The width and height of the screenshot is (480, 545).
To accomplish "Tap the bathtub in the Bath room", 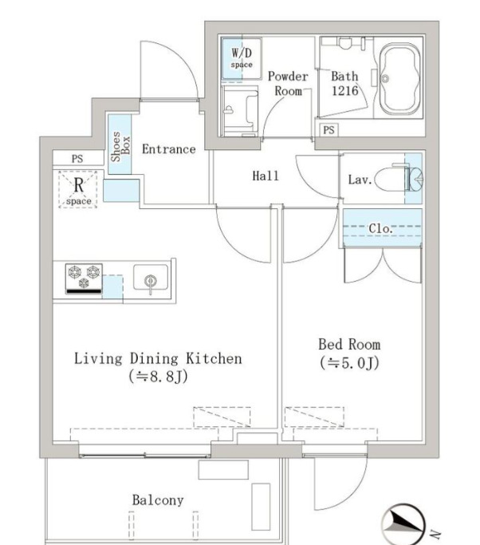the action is click(x=399, y=79).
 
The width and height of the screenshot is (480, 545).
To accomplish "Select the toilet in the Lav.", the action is click(x=399, y=179).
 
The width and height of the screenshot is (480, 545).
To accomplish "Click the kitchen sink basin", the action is click(x=151, y=278).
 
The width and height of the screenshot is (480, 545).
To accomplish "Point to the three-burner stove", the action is click(x=84, y=278).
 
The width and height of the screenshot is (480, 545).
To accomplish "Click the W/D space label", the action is click(x=242, y=58).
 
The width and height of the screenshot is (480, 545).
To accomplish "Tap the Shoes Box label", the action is click(x=120, y=146).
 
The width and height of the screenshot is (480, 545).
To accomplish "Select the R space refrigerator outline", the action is click(x=78, y=189).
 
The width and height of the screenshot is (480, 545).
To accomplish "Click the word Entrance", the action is click(x=169, y=149).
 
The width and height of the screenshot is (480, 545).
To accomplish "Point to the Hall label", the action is click(x=266, y=176).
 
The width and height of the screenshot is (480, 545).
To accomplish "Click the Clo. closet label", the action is click(x=380, y=229).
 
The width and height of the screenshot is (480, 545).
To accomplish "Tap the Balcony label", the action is click(x=158, y=500).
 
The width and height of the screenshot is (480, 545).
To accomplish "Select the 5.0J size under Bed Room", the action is click(x=349, y=363).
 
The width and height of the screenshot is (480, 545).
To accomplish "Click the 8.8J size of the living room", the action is click(x=158, y=376).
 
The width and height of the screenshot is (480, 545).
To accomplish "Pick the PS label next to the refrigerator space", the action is click(x=77, y=159).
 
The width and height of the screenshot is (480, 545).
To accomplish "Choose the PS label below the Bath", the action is click(x=329, y=130).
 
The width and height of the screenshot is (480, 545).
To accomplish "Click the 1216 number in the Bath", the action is click(x=344, y=91).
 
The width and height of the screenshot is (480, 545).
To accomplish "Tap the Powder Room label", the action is click(x=288, y=84).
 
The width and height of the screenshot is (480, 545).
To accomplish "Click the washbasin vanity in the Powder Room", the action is click(x=240, y=111).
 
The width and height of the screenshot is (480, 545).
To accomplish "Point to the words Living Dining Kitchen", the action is click(x=158, y=359).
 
